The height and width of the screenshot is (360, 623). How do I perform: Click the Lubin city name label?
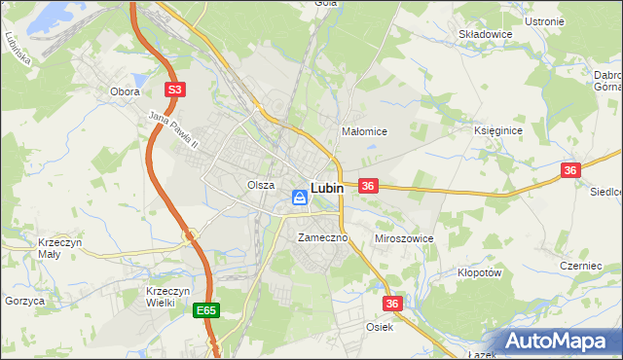coord(326,188)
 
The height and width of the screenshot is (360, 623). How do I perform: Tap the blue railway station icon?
coord(300,198)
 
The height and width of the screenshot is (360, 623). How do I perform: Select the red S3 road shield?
coord(174,90)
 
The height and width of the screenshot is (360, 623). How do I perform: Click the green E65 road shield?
coord(205,310)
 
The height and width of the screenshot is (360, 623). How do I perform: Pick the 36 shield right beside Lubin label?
coord(368,186)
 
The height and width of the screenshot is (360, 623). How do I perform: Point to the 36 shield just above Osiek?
coord(392,305)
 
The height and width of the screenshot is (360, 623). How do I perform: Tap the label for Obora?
coord(125,91)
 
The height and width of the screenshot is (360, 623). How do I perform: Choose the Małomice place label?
coord(365,131)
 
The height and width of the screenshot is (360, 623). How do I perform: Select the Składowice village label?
coord(485,33)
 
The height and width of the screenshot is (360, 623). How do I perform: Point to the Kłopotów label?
coord(478,273)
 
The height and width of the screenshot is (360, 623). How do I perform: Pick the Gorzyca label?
coord(25,302)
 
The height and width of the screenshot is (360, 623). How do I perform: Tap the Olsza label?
coord(260,185)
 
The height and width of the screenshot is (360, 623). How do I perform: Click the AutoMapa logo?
coord(560,342)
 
